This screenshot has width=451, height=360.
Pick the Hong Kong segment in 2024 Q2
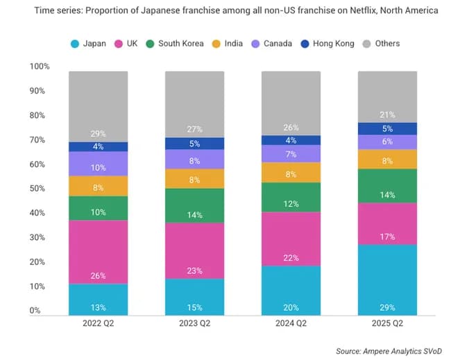pyautogui.click(x=291, y=140)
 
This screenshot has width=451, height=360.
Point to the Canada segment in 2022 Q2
pyautogui.click(x=98, y=164)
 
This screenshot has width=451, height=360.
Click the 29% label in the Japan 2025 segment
pyautogui.click(x=387, y=307)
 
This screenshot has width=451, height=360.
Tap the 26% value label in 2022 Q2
pyautogui.click(x=98, y=276)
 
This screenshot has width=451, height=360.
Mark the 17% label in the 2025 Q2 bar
pyautogui.click(x=387, y=237)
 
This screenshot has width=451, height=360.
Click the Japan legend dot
pyautogui.click(x=75, y=44)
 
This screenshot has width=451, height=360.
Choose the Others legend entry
pyautogui.click(x=381, y=44)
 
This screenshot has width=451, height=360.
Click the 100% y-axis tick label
pyautogui.click(x=39, y=67)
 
